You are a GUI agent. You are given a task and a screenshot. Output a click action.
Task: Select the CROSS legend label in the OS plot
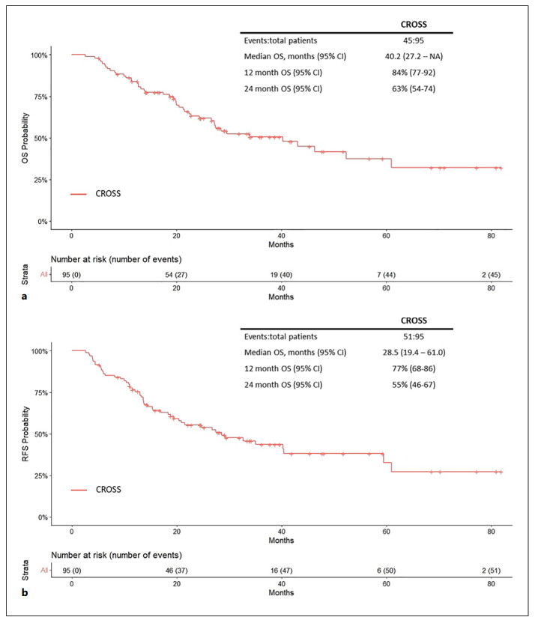(x=108, y=193)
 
